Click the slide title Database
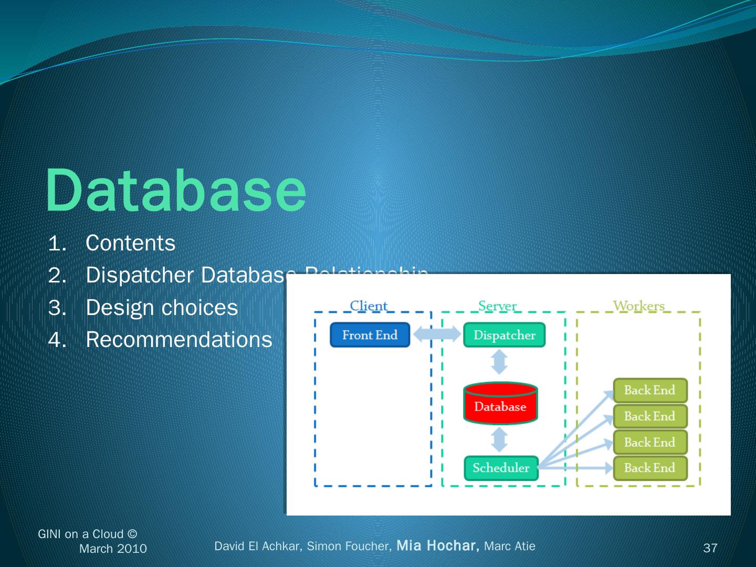[176, 190]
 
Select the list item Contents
[130, 243]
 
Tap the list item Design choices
[162, 308]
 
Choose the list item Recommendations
[178, 340]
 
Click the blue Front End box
[370, 335]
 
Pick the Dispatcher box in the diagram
[504, 335]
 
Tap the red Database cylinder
[500, 404]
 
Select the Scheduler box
[501, 468]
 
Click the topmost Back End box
[649, 390]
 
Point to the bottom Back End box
[649, 468]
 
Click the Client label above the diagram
[369, 306]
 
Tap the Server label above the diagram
[497, 306]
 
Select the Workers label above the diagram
[638, 306]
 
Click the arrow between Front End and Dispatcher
[437, 334]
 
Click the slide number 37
[710, 548]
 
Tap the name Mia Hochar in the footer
[437, 546]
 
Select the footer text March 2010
[113, 549]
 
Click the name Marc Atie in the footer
[509, 546]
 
